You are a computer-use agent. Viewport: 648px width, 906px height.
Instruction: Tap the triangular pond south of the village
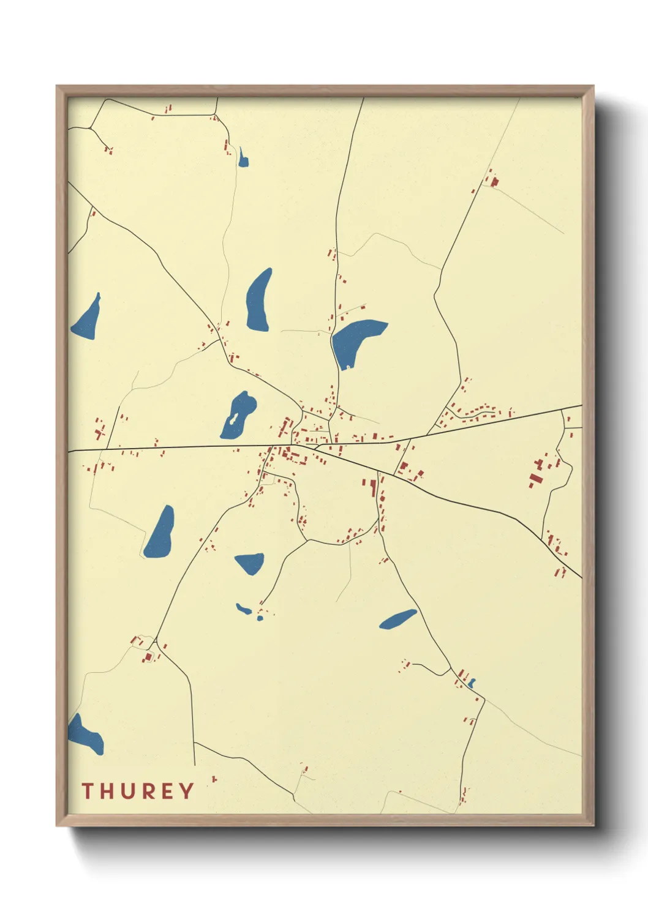[x=250, y=562]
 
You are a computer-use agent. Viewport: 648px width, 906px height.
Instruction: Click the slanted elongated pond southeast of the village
[x=397, y=620]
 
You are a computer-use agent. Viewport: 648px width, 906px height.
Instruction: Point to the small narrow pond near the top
[x=243, y=159]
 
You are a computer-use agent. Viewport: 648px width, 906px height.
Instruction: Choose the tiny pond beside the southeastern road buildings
[x=472, y=683]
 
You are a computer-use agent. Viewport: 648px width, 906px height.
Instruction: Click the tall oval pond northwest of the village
[x=258, y=301]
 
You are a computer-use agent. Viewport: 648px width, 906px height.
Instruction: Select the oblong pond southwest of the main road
[x=160, y=533]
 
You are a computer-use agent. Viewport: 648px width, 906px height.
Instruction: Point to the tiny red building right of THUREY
[x=214, y=779]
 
